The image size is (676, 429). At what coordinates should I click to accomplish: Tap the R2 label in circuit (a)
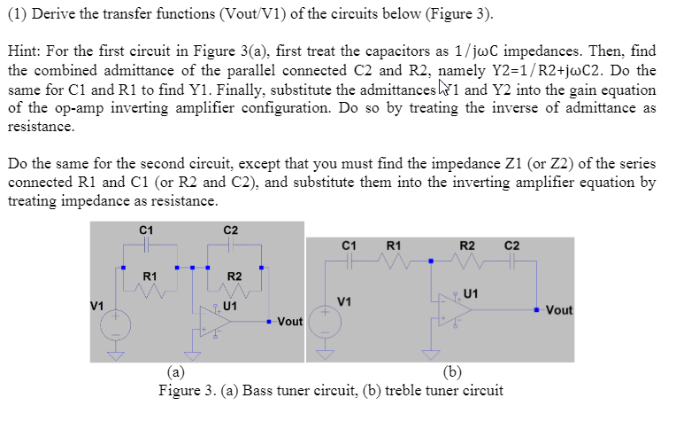coord(234,277)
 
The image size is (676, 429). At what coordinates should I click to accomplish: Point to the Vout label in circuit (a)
coord(291,321)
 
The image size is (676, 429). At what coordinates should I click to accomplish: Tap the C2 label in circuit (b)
coord(511,245)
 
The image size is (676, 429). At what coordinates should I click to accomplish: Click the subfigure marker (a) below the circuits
coord(176,372)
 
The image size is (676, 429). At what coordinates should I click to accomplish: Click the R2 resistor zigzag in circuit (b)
coord(468,261)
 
